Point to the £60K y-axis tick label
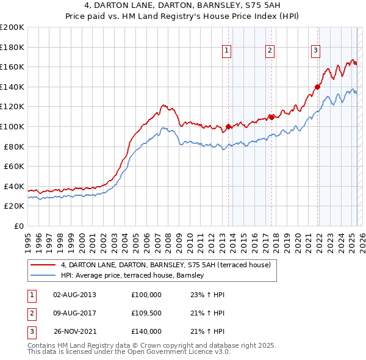click(x=14, y=166)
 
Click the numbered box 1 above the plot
click(x=226, y=51)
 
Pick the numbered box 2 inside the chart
click(x=270, y=51)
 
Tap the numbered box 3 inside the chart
click(x=316, y=51)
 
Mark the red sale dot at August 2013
click(x=229, y=127)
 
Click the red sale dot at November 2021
click(x=318, y=87)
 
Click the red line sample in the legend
click(x=42, y=265)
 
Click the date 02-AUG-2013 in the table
click(x=74, y=295)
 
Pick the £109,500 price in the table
click(x=146, y=313)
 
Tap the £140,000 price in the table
click(x=146, y=331)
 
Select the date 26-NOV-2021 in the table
click(x=75, y=331)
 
